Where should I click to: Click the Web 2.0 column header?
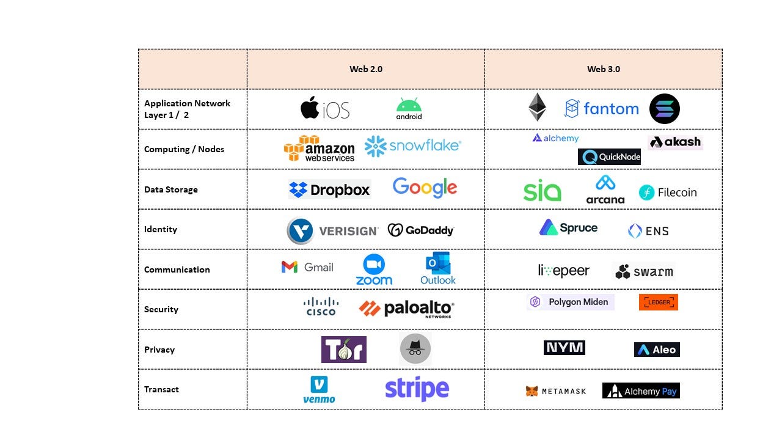[366, 69]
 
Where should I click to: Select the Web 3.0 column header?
[604, 69]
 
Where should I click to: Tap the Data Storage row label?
[171, 189]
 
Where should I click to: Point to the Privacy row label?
[159, 350]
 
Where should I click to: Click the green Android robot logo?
[409, 109]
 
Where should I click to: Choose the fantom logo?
[602, 109]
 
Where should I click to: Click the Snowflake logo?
[412, 146]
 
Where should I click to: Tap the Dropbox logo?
[330, 190]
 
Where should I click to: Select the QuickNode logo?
[609, 157]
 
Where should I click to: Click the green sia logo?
[542, 191]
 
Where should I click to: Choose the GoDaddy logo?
[421, 230]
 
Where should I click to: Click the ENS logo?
[648, 231]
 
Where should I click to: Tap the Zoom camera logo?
[374, 269]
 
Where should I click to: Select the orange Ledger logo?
[658, 302]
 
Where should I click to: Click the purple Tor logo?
[344, 350]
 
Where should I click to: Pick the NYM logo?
[564, 348]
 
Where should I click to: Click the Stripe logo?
[417, 389]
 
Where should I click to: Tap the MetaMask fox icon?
[532, 391]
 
